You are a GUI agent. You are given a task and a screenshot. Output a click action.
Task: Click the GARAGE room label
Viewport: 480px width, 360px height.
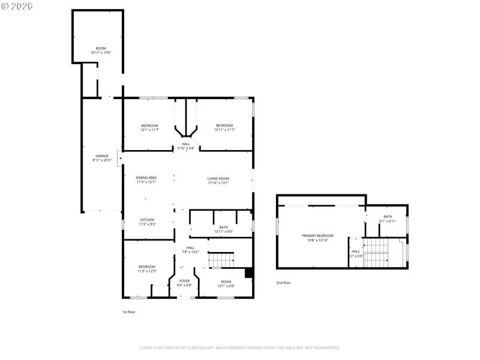pyautogui.click(x=101, y=156)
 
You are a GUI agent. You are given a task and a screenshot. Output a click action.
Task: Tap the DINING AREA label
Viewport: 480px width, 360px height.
pyautogui.click(x=146, y=178)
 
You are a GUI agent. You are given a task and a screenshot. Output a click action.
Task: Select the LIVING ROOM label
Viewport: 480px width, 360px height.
pyautogui.click(x=218, y=178)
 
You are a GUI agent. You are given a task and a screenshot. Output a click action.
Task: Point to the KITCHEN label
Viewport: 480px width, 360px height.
pyautogui.click(x=147, y=220)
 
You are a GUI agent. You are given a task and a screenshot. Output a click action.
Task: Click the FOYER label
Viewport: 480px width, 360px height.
pyautogui.click(x=184, y=281)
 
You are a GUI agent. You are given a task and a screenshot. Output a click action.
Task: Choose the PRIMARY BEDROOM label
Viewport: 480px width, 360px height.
pyautogui.click(x=317, y=236)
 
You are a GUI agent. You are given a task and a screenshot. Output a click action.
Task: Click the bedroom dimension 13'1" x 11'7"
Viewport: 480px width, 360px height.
pyautogui.click(x=149, y=130)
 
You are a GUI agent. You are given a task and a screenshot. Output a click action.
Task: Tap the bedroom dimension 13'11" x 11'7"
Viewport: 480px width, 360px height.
pyautogui.click(x=224, y=130)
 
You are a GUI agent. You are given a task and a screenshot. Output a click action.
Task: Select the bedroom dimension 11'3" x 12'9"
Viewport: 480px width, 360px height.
pyautogui.click(x=147, y=271)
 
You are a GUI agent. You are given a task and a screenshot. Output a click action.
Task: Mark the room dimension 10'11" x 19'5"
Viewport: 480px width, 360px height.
pyautogui.click(x=101, y=53)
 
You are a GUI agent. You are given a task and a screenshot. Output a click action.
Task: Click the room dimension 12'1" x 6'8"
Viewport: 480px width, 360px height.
pyautogui.click(x=226, y=286)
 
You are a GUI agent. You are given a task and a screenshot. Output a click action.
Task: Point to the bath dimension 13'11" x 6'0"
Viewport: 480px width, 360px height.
pyautogui.click(x=223, y=232)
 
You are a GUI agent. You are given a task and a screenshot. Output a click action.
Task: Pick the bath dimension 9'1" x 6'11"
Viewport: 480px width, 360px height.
pyautogui.click(x=388, y=221)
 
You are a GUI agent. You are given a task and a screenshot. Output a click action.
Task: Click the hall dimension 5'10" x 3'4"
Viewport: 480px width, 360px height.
pyautogui.click(x=186, y=148)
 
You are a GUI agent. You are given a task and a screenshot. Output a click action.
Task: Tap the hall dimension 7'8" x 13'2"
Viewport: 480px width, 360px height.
pyautogui.click(x=190, y=252)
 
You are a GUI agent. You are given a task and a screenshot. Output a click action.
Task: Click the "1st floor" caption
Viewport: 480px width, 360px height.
pyautogui.click(x=128, y=312)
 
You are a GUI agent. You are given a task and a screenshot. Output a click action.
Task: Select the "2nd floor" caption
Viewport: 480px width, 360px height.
pyautogui.click(x=283, y=283)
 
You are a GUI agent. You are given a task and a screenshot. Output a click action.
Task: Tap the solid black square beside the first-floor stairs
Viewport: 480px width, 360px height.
pyautogui.click(x=249, y=272)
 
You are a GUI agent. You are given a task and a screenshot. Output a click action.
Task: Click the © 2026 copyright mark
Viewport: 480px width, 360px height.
pyautogui.click(x=17, y=5)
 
